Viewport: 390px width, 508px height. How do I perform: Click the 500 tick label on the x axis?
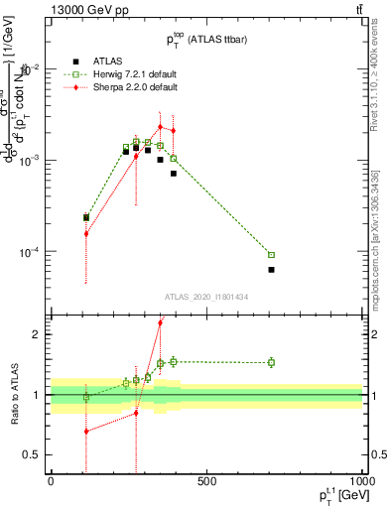point(206,482)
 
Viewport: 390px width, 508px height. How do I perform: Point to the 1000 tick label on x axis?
point(359,482)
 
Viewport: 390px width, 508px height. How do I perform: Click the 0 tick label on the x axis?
point(51,482)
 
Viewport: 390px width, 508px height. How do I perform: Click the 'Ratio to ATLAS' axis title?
point(14,394)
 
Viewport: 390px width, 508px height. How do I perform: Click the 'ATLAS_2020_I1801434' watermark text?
point(205,297)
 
